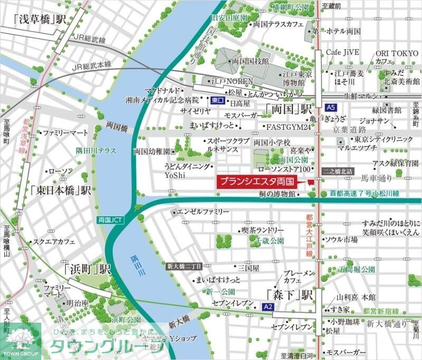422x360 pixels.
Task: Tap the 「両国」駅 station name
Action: (289, 110)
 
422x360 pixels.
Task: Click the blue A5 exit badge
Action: (331, 108)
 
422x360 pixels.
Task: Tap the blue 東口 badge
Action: (217, 100)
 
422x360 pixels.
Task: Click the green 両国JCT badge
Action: (110, 219)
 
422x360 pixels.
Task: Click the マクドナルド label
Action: (165, 90)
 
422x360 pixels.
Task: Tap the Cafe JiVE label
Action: (342, 53)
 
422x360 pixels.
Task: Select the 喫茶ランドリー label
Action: (262, 230)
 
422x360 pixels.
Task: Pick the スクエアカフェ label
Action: (54, 242)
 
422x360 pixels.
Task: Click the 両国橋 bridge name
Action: (117, 127)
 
